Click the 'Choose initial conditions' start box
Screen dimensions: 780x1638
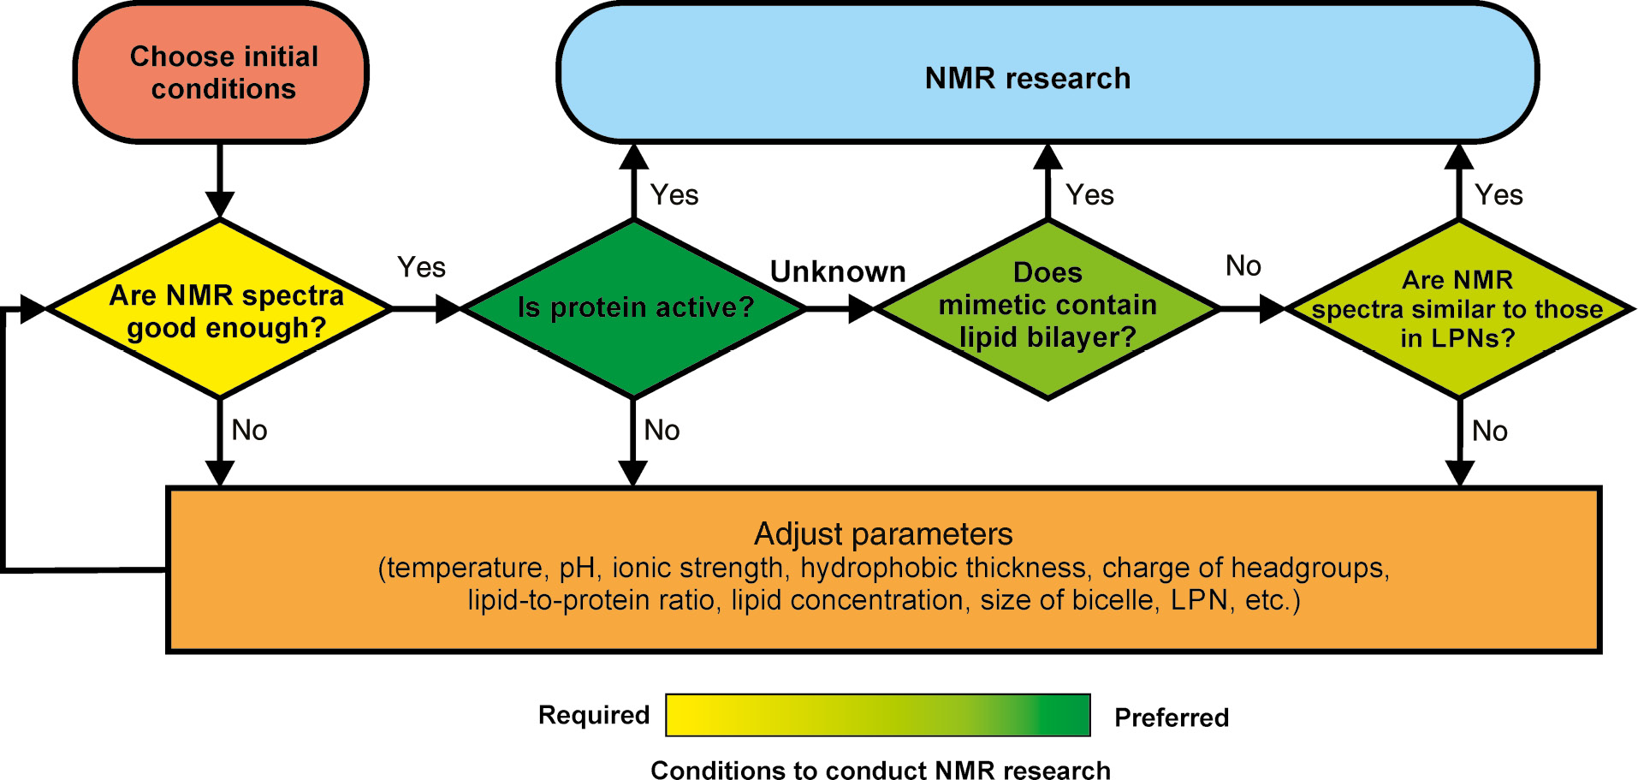pyautogui.click(x=222, y=74)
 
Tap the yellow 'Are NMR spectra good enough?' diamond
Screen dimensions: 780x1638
pyautogui.click(x=221, y=310)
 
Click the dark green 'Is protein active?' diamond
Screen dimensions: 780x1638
pyautogui.click(x=633, y=308)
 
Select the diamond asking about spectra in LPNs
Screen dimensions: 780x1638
pyautogui.click(x=1457, y=309)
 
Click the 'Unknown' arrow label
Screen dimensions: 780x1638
pyautogui.click(x=837, y=271)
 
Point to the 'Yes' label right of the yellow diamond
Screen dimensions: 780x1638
pyautogui.click(x=421, y=267)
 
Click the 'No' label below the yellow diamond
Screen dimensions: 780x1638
pyautogui.click(x=249, y=430)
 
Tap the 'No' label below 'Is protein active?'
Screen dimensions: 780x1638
pyautogui.click(x=662, y=430)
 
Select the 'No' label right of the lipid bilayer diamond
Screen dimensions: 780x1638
pyautogui.click(x=1243, y=266)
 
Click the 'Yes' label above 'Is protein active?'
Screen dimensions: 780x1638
pyautogui.click(x=674, y=195)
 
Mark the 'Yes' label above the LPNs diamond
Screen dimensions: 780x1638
pyautogui.click(x=1499, y=195)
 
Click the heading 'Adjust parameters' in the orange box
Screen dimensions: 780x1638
pyautogui.click(x=883, y=534)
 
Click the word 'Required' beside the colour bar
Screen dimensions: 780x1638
pyautogui.click(x=594, y=715)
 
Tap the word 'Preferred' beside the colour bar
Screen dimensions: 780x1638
pyautogui.click(x=1171, y=717)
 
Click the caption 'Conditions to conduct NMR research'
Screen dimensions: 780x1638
pyautogui.click(x=880, y=770)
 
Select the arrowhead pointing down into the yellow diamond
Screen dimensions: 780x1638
pyautogui.click(x=220, y=205)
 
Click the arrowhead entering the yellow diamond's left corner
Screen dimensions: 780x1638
pyautogui.click(x=33, y=309)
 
